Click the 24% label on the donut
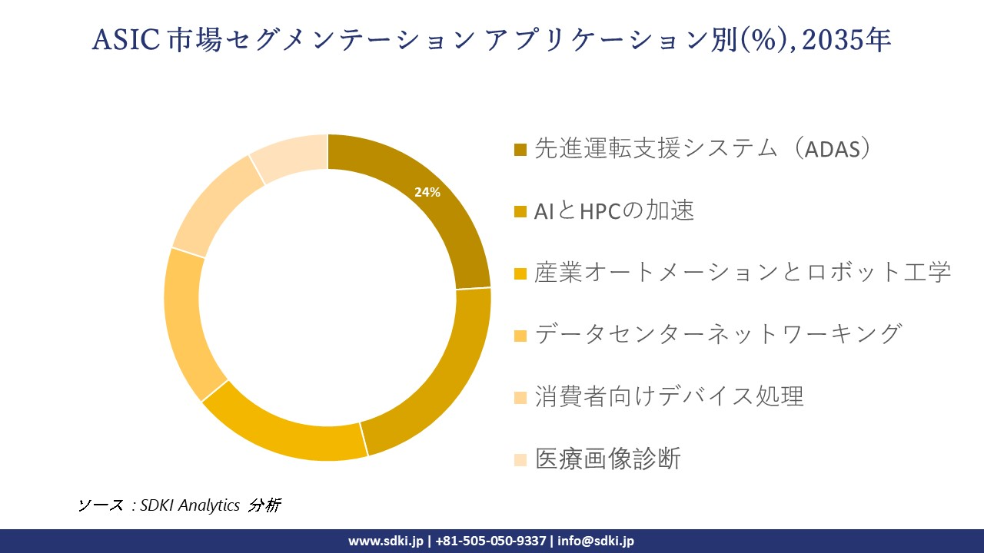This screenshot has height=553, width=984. (x=427, y=193)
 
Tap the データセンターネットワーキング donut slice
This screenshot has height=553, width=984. (x=183, y=323)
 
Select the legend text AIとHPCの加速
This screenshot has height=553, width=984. (x=614, y=210)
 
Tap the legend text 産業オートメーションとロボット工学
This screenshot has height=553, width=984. (x=743, y=272)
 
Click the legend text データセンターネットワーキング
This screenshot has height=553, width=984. (x=717, y=334)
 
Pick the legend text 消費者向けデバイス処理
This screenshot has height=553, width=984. (x=669, y=396)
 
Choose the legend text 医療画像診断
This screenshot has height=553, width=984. (x=607, y=459)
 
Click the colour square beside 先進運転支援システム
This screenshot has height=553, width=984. (x=520, y=150)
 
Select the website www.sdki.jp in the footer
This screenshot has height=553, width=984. (x=385, y=541)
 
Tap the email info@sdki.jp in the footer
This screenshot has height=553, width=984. (x=596, y=541)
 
